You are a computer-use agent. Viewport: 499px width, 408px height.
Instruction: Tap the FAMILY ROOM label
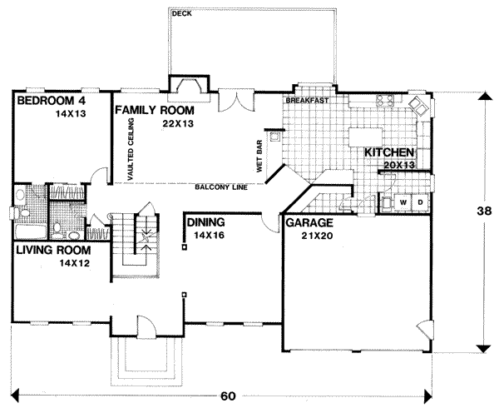155,110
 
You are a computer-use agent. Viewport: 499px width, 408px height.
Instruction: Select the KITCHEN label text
388,153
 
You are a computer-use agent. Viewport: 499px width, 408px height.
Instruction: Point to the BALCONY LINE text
220,187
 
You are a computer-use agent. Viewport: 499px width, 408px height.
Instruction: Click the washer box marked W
403,202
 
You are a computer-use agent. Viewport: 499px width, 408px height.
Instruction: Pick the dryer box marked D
420,202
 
